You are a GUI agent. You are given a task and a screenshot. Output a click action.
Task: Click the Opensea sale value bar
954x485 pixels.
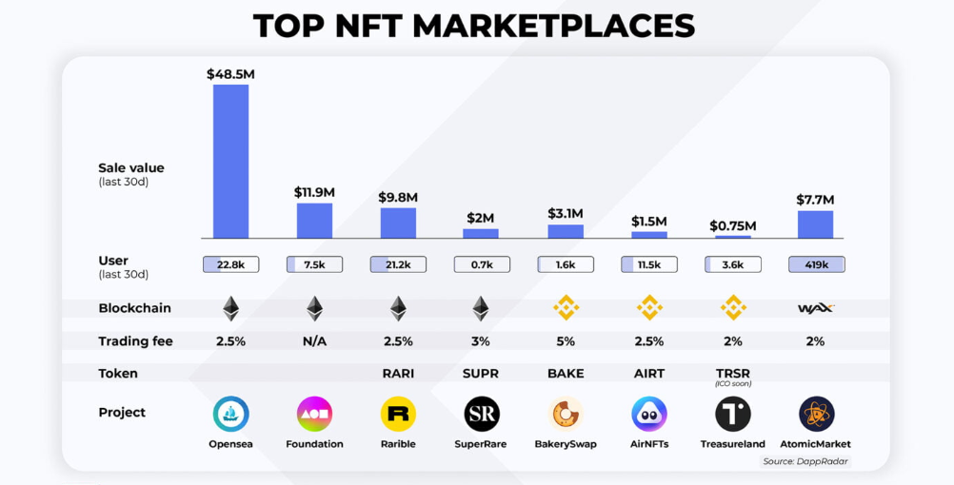[x=230, y=161]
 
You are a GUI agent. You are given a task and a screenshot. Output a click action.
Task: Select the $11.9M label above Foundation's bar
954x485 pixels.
[x=314, y=192]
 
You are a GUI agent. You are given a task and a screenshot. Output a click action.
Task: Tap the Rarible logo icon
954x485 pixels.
[x=398, y=414]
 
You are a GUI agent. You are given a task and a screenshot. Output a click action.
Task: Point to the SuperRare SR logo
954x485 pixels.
[x=481, y=414]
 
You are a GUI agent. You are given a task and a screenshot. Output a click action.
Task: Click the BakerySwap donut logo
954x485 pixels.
[x=566, y=414]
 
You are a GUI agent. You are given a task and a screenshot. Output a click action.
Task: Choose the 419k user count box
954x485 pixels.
[x=816, y=265]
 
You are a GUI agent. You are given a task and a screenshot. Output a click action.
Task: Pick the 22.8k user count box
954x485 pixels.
[x=230, y=265]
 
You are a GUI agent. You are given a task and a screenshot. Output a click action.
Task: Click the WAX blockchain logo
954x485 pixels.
[x=816, y=308]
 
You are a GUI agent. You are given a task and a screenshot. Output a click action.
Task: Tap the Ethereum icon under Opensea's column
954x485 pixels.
[x=230, y=308]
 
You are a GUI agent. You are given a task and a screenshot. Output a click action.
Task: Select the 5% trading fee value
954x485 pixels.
[x=566, y=341]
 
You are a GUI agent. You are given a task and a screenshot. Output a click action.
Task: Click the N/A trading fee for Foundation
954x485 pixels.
[x=314, y=341]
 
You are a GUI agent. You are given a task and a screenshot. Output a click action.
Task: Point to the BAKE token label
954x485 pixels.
[x=566, y=374]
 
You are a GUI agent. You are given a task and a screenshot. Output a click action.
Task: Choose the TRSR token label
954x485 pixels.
[x=733, y=374]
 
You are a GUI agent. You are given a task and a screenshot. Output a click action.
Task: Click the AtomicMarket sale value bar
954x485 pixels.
[x=816, y=224]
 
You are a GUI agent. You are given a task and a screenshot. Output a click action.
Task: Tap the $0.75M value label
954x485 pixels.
[x=733, y=226]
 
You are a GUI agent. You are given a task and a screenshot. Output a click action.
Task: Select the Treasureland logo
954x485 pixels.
[x=733, y=414]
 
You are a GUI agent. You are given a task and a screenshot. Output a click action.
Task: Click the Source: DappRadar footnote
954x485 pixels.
[x=805, y=461]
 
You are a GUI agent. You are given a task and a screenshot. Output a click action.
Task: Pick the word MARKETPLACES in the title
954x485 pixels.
[x=553, y=26]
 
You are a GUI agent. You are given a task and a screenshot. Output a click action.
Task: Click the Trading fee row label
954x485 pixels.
[x=135, y=341]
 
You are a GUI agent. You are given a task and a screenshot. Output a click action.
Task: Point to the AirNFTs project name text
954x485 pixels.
[x=649, y=444]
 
